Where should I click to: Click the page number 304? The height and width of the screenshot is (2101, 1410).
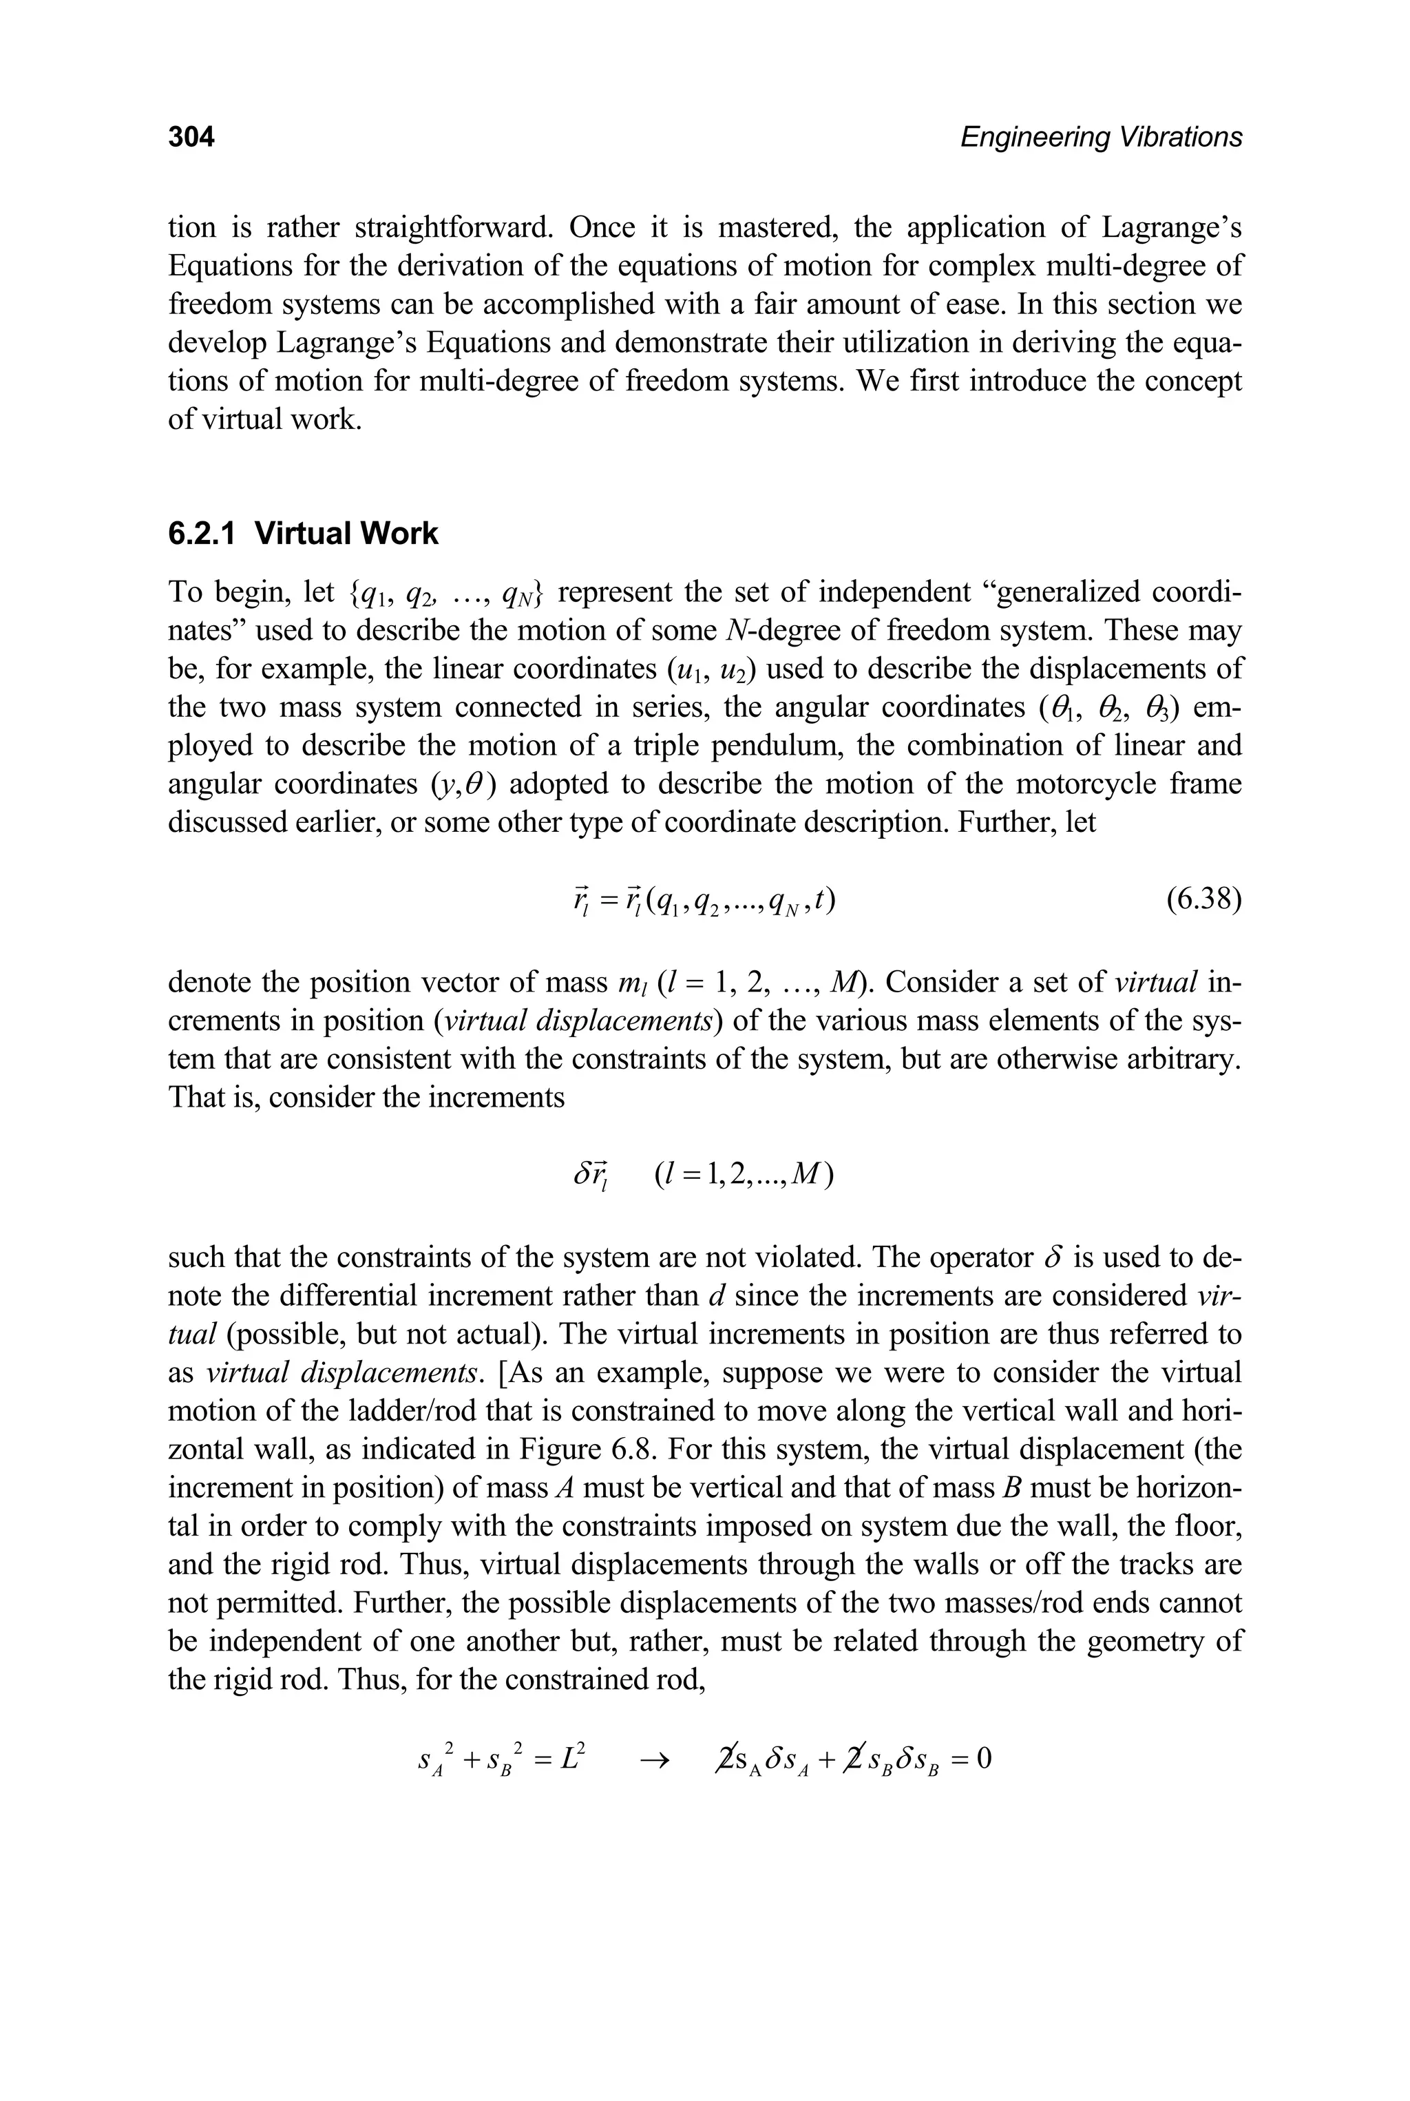191,138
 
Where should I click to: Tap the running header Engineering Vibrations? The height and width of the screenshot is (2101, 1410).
1101,138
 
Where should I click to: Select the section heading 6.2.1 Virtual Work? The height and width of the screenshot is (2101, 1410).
303,534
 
